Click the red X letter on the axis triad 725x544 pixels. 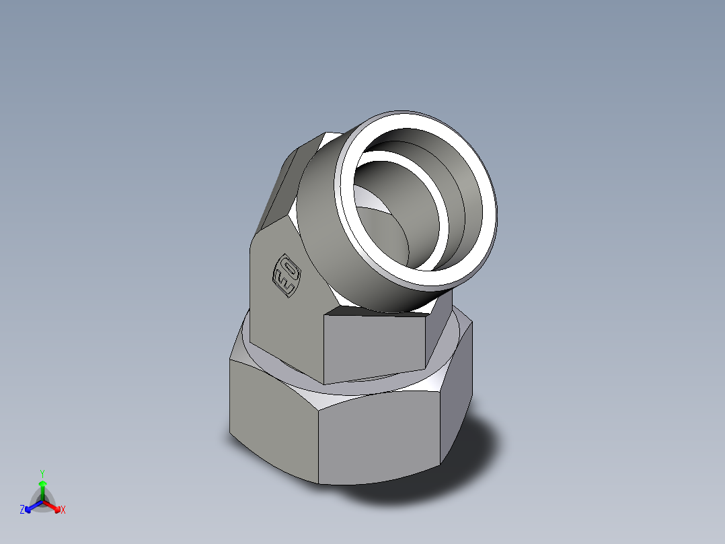pyautogui.click(x=63, y=510)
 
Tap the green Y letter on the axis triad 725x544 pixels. pyautogui.click(x=42, y=473)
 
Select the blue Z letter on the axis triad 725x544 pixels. pyautogui.click(x=22, y=510)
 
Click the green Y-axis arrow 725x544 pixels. pyautogui.click(x=42, y=486)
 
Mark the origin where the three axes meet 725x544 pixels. pyautogui.click(x=42, y=501)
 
